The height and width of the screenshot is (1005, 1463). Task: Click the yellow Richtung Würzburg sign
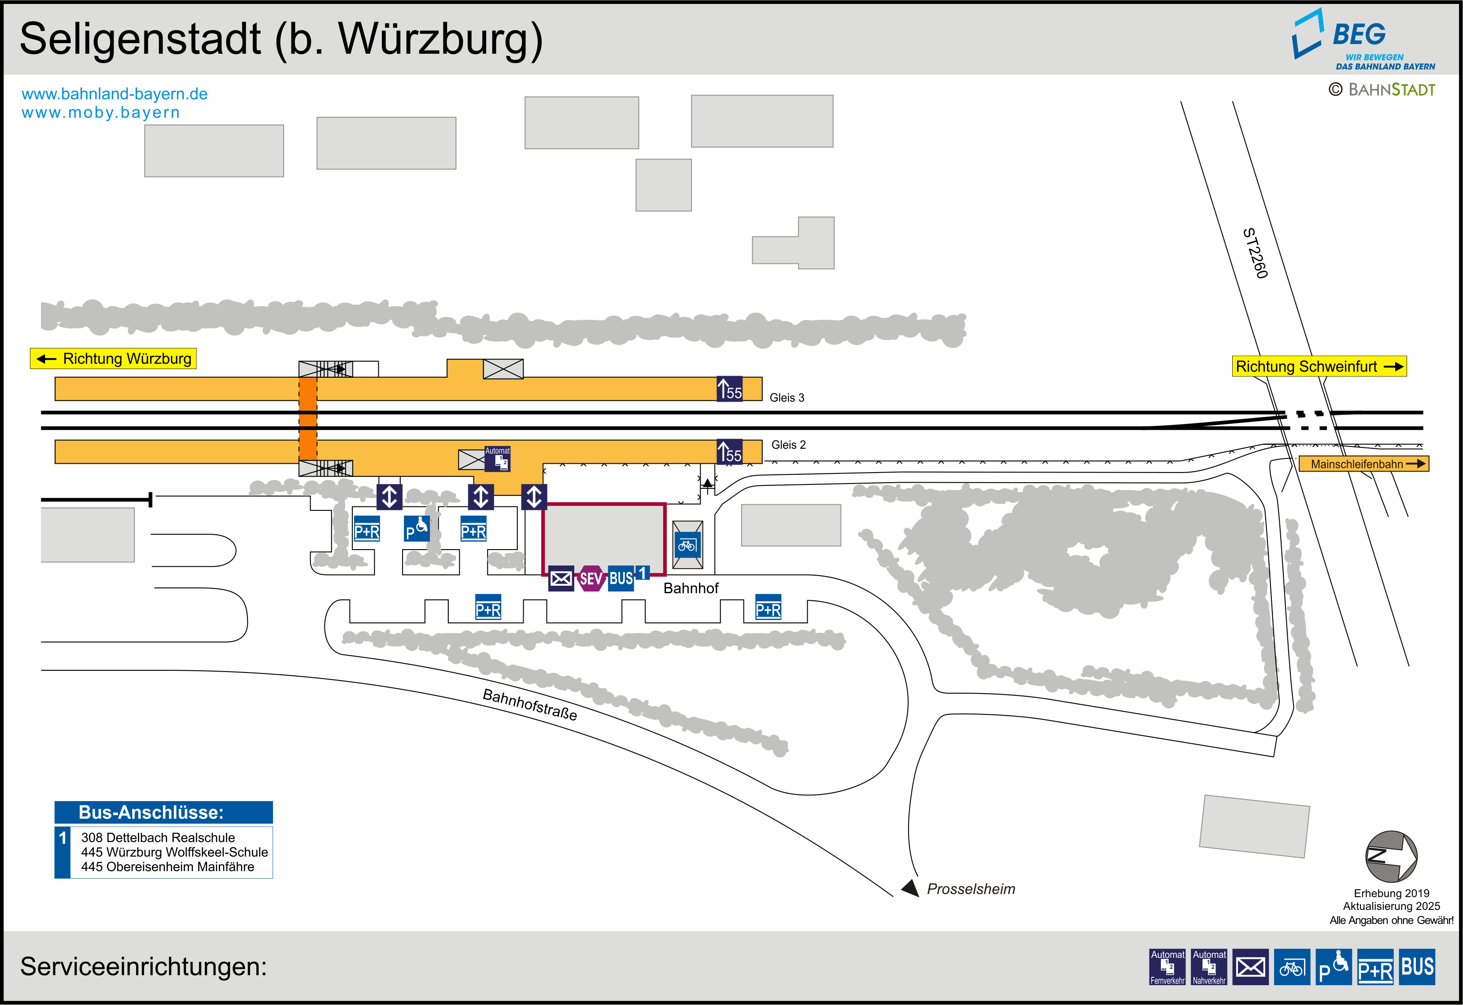[x=113, y=358]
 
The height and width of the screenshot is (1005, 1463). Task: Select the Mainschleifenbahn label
[x=1363, y=464]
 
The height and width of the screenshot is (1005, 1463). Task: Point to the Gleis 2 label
[x=788, y=444]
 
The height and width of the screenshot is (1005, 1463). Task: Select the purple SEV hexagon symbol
[x=591, y=578]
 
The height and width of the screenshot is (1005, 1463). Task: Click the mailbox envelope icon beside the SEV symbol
[x=561, y=578]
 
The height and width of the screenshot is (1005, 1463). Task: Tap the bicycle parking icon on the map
[x=687, y=545]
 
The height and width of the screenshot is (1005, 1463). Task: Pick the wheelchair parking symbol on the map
[x=417, y=529]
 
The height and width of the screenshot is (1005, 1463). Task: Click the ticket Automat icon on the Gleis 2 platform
[x=497, y=458]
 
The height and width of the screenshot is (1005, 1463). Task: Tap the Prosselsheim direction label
[x=971, y=888]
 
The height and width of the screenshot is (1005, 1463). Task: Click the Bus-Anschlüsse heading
[x=151, y=812]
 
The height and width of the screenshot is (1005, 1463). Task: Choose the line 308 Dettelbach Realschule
[x=158, y=838]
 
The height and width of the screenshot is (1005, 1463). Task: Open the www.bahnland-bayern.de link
[x=115, y=94]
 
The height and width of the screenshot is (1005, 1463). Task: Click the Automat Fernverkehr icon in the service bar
[x=1167, y=967]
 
